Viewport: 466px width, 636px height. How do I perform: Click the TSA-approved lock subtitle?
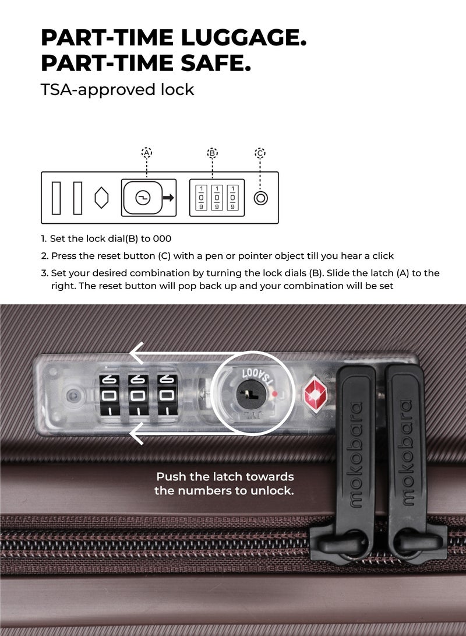point(117,90)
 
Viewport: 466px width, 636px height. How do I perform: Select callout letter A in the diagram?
point(147,153)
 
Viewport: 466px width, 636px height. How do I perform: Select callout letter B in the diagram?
point(213,153)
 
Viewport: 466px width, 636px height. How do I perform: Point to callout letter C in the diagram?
point(260,153)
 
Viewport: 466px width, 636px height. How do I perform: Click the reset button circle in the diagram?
point(261,198)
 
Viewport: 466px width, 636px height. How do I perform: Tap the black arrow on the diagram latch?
point(168,198)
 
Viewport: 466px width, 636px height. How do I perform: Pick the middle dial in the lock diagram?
point(217,198)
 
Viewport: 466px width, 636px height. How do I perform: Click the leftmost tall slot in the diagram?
point(57,198)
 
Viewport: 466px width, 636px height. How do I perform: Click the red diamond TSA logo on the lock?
point(318,392)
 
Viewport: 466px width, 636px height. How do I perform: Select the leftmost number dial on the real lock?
point(109,396)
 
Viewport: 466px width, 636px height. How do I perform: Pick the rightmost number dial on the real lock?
point(168,396)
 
